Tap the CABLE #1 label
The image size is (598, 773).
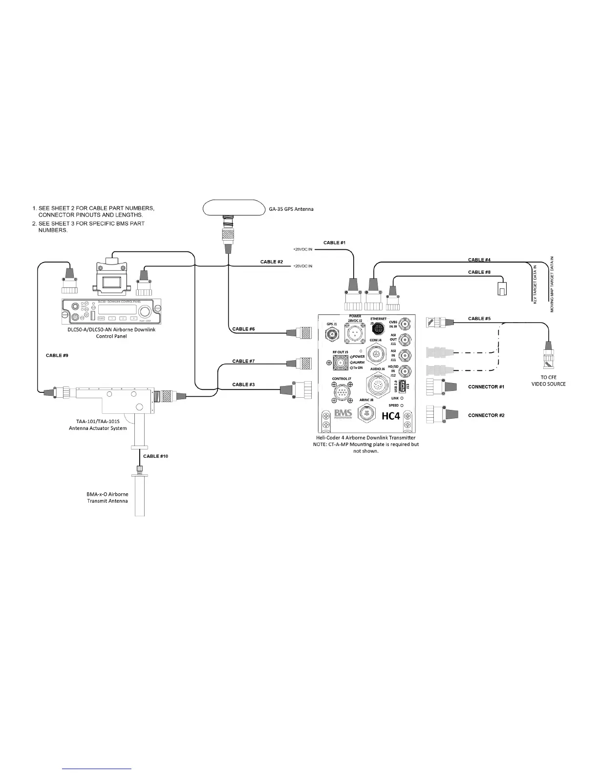point(334,243)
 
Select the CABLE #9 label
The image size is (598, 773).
point(57,355)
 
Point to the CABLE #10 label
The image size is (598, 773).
point(155,456)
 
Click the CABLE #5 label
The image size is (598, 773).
point(479,319)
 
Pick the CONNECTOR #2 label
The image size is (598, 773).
point(486,415)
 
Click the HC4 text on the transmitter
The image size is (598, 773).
point(390,416)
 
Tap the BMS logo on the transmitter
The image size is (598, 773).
point(343,414)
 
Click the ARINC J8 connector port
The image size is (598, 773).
point(367,413)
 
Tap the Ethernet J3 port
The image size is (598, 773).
point(378,330)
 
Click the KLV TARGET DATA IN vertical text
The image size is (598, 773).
point(534,284)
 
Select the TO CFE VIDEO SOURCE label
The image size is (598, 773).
point(548,381)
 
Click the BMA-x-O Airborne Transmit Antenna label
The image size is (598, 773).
point(107,497)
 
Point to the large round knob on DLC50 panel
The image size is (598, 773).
point(145,312)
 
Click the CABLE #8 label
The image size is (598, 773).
point(479,272)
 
